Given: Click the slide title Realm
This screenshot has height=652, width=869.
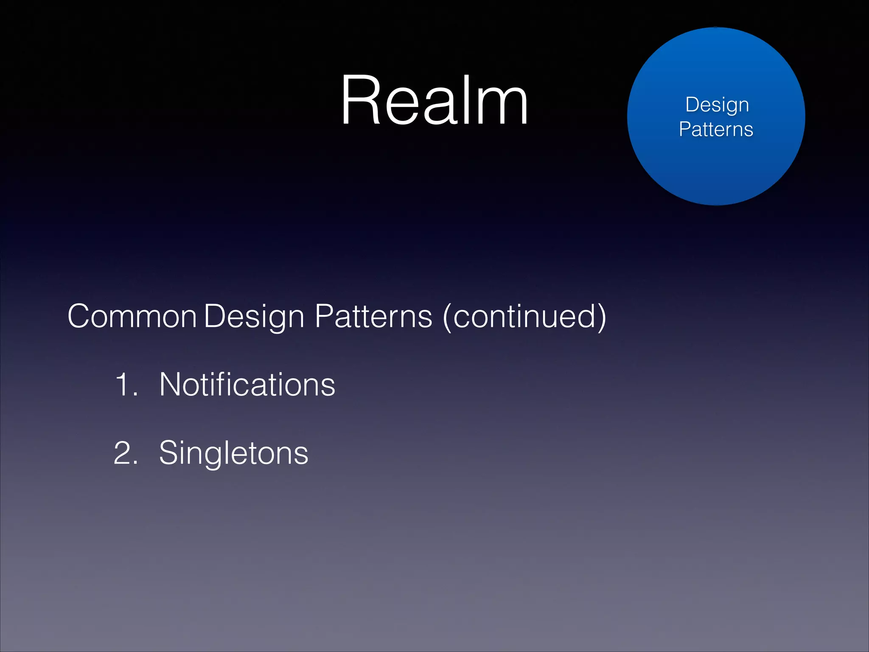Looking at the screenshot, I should click(434, 101).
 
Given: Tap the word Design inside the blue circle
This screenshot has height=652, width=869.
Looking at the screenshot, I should click(717, 104).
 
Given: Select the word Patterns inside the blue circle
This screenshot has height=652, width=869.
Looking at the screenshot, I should click(716, 129).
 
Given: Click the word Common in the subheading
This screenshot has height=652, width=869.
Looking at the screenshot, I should click(132, 316).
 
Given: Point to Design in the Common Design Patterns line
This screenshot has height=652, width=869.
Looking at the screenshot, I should click(254, 316).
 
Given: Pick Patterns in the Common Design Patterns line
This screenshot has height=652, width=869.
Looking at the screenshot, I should click(373, 316).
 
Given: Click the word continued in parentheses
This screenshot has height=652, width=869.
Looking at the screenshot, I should click(524, 316).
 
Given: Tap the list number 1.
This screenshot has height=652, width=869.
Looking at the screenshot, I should click(126, 385).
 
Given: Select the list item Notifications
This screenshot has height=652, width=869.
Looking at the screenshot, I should click(247, 385).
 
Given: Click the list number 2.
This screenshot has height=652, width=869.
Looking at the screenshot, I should click(126, 453).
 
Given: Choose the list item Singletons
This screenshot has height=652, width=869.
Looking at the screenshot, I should click(233, 453).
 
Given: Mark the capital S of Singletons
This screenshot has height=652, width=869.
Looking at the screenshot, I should click(170, 453).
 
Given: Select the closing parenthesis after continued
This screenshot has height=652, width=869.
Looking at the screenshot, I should click(601, 317).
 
